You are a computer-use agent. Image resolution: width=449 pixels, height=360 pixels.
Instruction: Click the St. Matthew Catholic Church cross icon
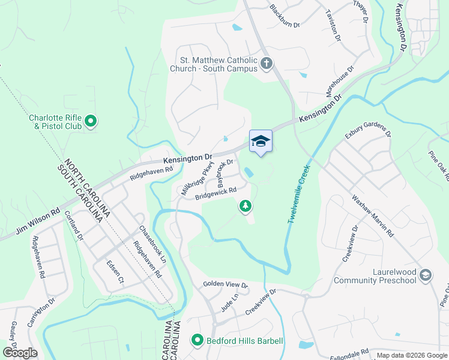(267, 63)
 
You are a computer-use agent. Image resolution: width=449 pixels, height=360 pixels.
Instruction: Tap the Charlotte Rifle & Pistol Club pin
(91, 122)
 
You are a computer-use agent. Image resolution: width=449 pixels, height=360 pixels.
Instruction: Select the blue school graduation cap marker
(261, 142)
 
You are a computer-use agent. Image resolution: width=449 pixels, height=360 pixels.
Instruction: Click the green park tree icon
(245, 206)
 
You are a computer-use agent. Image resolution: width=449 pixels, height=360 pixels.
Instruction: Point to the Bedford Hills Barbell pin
(197, 341)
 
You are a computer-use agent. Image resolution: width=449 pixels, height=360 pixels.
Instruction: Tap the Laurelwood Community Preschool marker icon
(426, 275)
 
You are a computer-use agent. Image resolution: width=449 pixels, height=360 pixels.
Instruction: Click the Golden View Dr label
(225, 284)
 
